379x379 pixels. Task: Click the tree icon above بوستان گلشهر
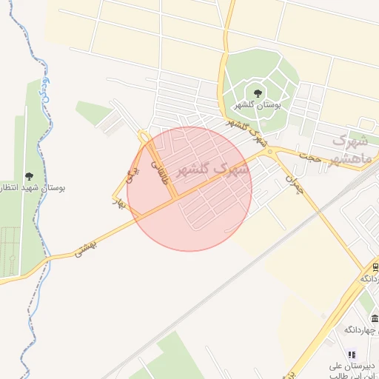[x=258, y=93]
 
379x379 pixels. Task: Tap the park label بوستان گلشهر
[x=258, y=105]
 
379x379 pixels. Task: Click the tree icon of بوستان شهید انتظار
[x=29, y=176]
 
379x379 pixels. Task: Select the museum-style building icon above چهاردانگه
[x=375, y=319]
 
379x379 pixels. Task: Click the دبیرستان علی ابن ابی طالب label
[x=354, y=370]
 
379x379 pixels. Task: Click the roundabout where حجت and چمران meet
[x=270, y=152]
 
